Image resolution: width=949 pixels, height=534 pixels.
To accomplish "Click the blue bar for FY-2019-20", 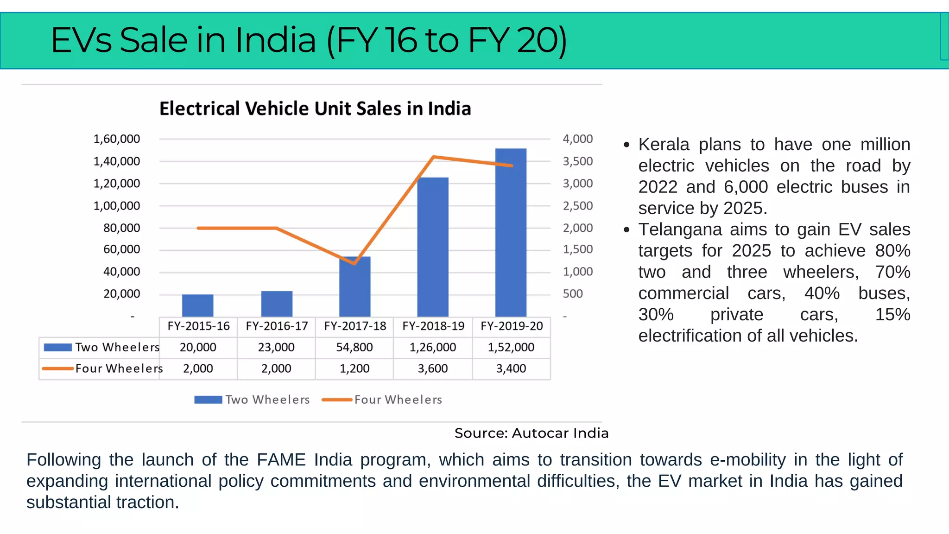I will (511, 232).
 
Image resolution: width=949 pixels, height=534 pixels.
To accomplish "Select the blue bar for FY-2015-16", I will (197, 305).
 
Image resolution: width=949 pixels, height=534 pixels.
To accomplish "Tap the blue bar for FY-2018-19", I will (433, 247).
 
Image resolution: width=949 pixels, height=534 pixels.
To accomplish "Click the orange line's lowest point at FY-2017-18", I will (354, 263).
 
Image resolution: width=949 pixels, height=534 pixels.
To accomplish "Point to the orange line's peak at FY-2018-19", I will (433, 157).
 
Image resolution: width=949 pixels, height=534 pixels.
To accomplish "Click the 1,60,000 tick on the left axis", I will (117, 139).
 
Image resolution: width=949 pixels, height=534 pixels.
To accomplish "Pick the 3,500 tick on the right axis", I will (577, 161).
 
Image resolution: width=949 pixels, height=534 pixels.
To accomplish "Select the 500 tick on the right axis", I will (573, 294).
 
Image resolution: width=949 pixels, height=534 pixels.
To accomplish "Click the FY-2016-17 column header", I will (277, 326).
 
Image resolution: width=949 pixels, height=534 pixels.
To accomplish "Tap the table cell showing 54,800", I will (354, 348).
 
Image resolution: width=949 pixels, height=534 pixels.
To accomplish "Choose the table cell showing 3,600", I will (433, 369).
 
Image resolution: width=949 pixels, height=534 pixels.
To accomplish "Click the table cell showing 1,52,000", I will (511, 348).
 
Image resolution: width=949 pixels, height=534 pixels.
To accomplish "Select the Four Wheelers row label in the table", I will (119, 369).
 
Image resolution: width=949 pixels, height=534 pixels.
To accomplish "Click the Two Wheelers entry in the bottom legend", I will (267, 400).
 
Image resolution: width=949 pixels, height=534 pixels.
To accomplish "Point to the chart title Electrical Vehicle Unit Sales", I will (315, 109).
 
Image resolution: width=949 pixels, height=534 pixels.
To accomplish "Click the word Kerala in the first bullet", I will (664, 145).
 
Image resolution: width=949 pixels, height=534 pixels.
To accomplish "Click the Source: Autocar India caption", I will (531, 433).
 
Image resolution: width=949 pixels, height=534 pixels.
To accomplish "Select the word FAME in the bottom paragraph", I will (281, 460).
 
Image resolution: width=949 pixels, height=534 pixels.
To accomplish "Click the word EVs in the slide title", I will (81, 40).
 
